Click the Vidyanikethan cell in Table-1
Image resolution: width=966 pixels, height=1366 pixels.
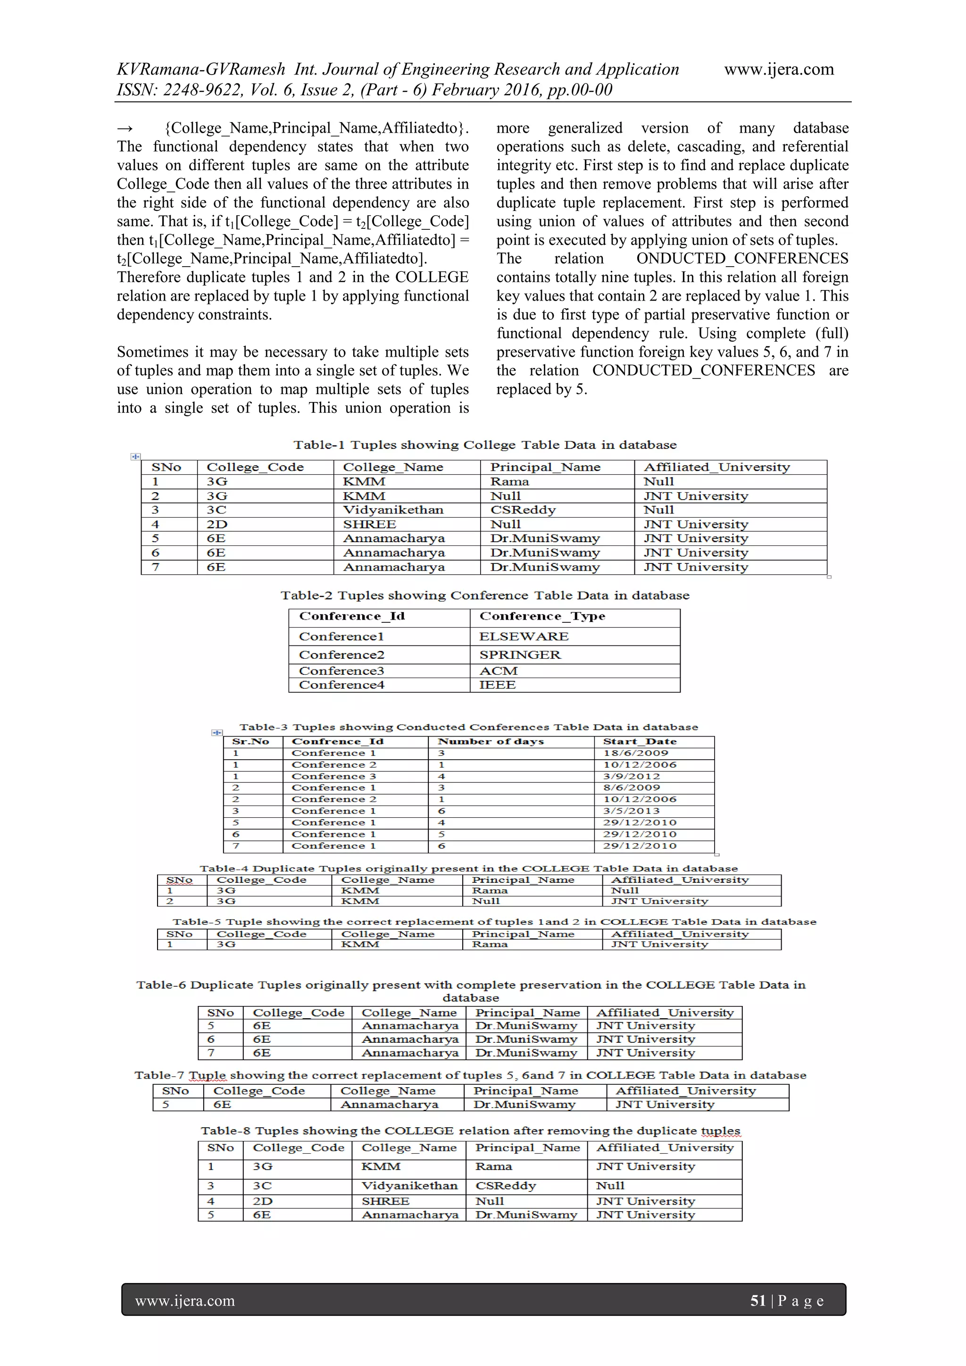coord(392,510)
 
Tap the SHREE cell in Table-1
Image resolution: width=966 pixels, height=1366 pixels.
coord(369,524)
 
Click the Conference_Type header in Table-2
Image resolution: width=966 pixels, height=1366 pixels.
coord(542,616)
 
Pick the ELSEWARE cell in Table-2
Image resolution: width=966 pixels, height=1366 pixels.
coord(524,637)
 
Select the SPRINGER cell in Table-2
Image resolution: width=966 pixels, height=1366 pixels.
coord(519,655)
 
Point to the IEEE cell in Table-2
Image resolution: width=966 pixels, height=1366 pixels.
coord(497,685)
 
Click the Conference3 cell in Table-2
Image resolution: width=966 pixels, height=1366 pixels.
coord(341,671)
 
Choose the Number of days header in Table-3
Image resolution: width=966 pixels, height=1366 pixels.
coord(491,742)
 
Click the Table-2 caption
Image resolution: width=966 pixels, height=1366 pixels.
coord(485,595)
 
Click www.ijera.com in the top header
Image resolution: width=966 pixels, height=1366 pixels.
coord(779,70)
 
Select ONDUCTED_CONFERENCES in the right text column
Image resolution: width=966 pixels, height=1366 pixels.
coord(742,259)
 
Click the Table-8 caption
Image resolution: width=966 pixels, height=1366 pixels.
coord(470,1131)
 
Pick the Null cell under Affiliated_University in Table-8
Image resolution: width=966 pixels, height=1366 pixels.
coord(610,1186)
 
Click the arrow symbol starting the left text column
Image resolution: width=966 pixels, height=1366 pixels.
coord(125,128)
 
